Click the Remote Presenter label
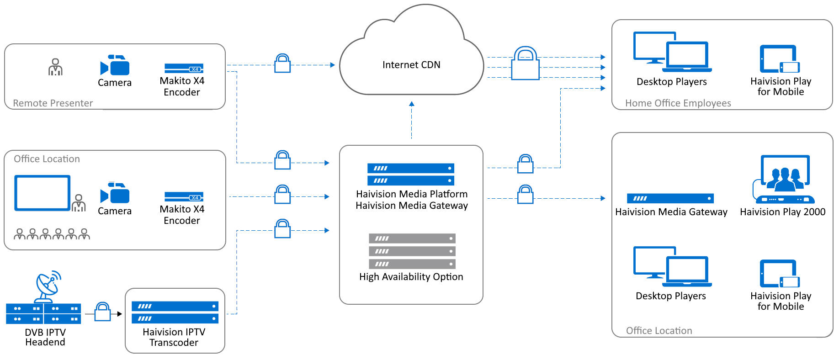pyautogui.click(x=53, y=103)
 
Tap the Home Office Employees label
pyautogui.click(x=678, y=103)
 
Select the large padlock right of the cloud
pyautogui.click(x=525, y=64)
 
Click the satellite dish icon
pyautogui.click(x=48, y=286)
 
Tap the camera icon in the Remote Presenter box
pyautogui.click(x=115, y=65)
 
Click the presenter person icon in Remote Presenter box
pyautogui.click(x=55, y=67)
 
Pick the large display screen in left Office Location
pyautogui.click(x=42, y=193)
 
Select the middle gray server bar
pyautogui.click(x=412, y=251)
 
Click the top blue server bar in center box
pyautogui.click(x=411, y=168)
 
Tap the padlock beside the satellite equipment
pyautogui.click(x=103, y=312)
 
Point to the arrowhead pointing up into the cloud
pyautogui.click(x=411, y=104)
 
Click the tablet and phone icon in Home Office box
pyautogui.click(x=780, y=59)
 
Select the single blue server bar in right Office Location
pyautogui.click(x=670, y=198)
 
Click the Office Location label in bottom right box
pyautogui.click(x=658, y=331)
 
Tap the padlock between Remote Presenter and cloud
pyautogui.click(x=282, y=64)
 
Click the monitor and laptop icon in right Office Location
pyautogui.click(x=672, y=267)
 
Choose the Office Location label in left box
pyautogui.click(x=47, y=159)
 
